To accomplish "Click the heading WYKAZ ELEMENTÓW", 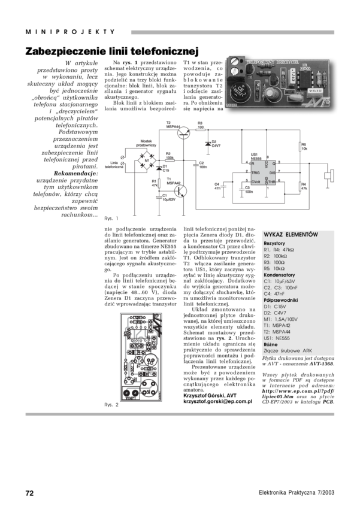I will [x=292, y=234].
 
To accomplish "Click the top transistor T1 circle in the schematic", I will [x=186, y=131].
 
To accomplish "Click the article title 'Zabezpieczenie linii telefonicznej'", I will [x=111, y=51].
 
